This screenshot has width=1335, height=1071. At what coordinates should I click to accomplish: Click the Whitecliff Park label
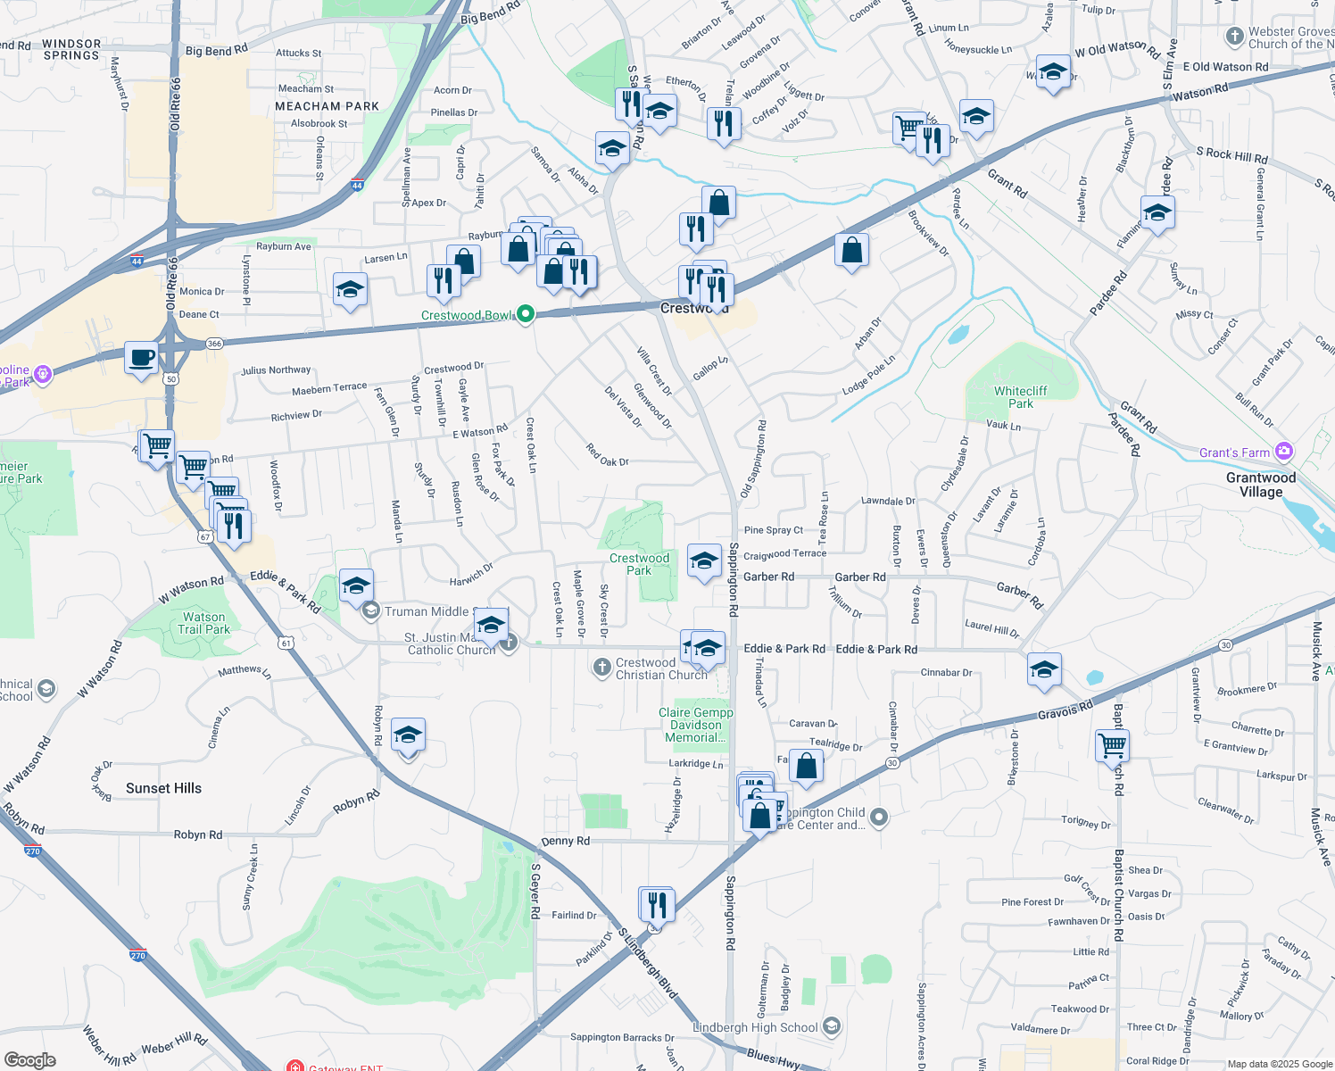1020,397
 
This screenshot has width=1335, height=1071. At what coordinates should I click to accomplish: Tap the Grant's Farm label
1234,452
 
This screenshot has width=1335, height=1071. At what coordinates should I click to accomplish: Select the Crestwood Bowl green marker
526,313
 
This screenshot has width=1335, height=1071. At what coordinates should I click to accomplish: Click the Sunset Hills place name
163,788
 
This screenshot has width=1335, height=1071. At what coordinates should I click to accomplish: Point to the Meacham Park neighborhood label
327,106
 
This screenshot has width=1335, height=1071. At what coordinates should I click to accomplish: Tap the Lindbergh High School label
755,1027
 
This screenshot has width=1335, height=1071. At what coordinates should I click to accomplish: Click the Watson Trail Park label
204,623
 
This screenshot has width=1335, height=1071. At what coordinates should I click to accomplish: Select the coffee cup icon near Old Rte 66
142,358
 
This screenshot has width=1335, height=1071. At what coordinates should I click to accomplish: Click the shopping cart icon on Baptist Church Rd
1112,743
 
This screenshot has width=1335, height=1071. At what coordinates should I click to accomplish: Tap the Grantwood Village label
1260,485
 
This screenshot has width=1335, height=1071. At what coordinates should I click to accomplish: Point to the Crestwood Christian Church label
660,668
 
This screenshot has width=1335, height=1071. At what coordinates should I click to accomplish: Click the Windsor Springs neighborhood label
71,49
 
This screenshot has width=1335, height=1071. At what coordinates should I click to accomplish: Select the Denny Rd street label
565,841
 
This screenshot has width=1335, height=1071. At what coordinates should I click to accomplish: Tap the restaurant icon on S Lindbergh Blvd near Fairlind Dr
657,904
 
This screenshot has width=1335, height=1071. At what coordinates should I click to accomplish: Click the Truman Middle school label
426,611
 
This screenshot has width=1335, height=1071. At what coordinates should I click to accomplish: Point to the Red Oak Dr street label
608,455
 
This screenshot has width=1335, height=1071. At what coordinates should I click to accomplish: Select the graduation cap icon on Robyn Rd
408,735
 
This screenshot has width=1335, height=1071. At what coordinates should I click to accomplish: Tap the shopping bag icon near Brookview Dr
852,251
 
